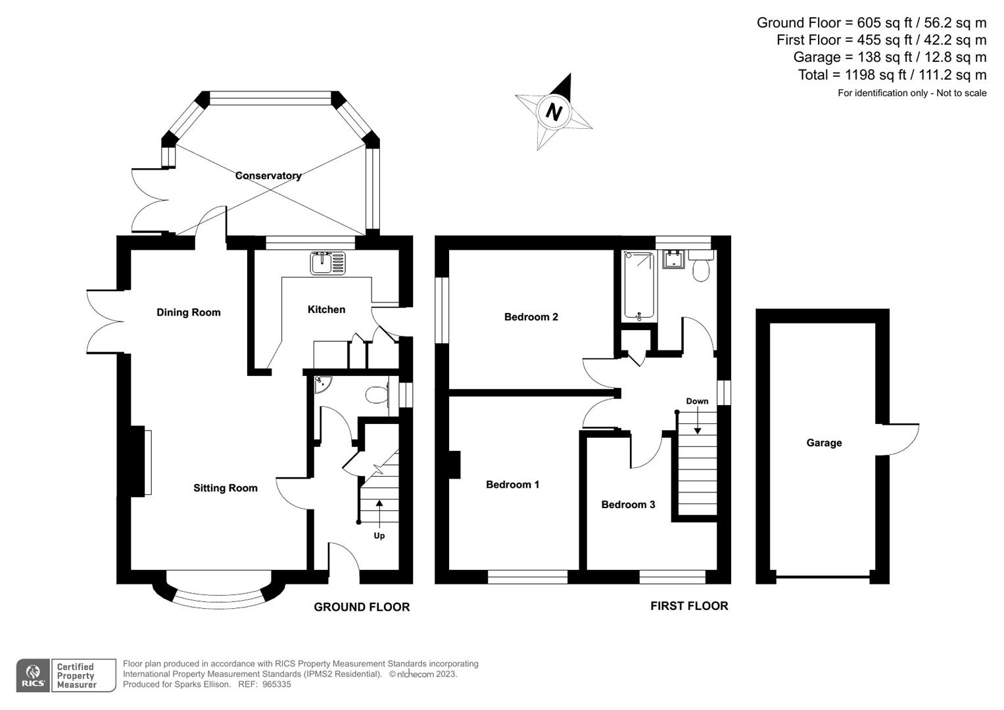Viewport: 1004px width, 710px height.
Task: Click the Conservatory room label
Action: pyautogui.click(x=268, y=176)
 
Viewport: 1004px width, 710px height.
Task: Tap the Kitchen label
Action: pyautogui.click(x=326, y=310)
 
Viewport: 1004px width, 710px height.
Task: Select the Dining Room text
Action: pyautogui.click(x=188, y=312)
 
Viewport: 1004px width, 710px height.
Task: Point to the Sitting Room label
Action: pyautogui.click(x=225, y=488)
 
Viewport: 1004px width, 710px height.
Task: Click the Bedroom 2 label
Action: pyautogui.click(x=531, y=317)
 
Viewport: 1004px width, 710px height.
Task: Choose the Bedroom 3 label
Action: pyautogui.click(x=628, y=504)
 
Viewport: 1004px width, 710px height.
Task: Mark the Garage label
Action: pyautogui.click(x=824, y=443)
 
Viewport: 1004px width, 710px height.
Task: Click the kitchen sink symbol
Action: pyautogui.click(x=327, y=263)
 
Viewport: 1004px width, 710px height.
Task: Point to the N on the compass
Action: pyautogui.click(x=554, y=112)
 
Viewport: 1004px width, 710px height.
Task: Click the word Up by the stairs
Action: pyautogui.click(x=379, y=536)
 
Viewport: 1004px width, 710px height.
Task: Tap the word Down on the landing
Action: pyautogui.click(x=697, y=401)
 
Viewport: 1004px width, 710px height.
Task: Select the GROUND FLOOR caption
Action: pyautogui.click(x=362, y=607)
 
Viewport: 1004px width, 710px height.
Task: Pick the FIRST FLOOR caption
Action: pyautogui.click(x=689, y=606)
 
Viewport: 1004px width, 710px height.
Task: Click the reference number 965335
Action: pyautogui.click(x=276, y=684)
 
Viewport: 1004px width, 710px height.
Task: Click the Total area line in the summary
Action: pyautogui.click(x=892, y=75)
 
